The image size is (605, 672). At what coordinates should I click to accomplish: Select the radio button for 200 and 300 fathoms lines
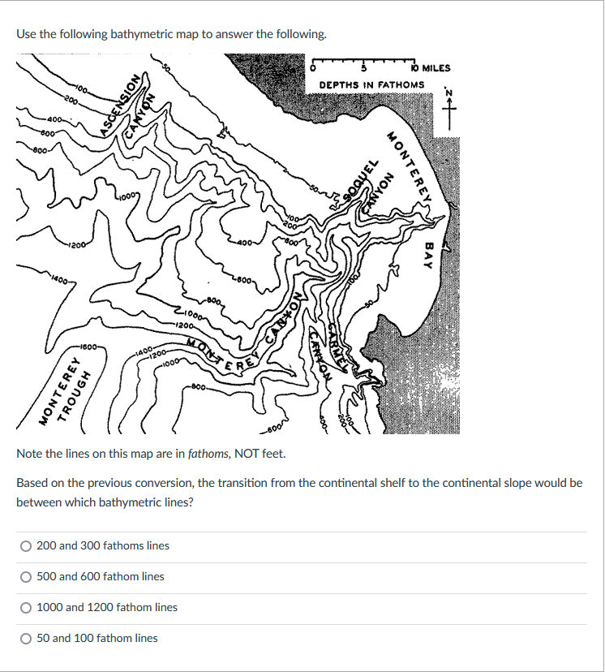(x=26, y=546)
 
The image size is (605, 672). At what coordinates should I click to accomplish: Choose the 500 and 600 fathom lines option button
(x=26, y=577)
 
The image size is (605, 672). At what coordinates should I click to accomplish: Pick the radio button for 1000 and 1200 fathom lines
(x=26, y=608)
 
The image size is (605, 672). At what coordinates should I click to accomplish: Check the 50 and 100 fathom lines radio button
(x=26, y=639)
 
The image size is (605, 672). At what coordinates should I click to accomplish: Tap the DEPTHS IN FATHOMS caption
(x=371, y=84)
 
